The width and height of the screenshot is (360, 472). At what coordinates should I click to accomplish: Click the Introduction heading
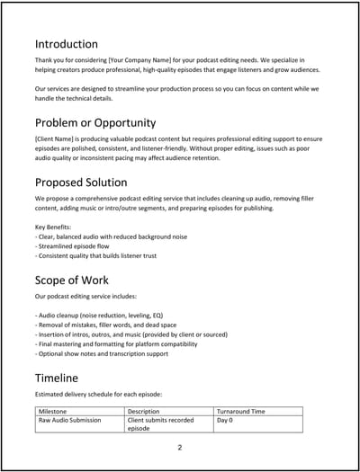point(66,44)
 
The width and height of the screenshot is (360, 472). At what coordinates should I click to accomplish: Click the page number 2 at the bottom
point(180,447)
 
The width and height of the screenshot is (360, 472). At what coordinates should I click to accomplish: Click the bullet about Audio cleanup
point(106,316)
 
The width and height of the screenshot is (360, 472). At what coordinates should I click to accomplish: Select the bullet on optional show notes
point(104,354)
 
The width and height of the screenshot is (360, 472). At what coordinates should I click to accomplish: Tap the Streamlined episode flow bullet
point(77,245)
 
